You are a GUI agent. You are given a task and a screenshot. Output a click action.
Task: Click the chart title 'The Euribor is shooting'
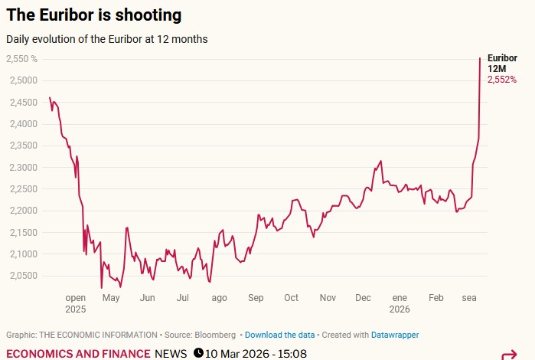point(94,15)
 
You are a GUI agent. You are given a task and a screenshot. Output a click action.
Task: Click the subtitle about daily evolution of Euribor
point(106,38)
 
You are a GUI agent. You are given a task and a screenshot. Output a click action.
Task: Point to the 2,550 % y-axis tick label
point(22,59)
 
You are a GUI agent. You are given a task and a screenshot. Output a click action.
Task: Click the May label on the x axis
point(111,298)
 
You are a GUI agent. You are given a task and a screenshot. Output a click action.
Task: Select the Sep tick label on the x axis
point(256,298)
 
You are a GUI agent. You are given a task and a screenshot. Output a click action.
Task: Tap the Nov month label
point(328,298)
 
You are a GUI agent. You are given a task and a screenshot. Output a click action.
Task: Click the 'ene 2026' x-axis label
point(400,303)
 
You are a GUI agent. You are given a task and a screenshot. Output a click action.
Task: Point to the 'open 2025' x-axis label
point(76,303)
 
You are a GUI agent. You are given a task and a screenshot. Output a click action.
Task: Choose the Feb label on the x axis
point(436,298)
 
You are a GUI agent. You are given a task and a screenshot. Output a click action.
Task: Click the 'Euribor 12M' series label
point(502,63)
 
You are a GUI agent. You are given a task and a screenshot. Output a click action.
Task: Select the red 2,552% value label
point(502,80)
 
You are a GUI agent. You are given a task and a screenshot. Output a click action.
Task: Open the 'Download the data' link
point(279,335)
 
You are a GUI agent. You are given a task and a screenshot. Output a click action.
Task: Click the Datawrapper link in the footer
point(395,335)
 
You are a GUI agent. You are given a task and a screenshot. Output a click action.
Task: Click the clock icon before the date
point(198,353)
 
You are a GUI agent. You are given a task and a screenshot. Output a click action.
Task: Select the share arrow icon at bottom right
point(509,355)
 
